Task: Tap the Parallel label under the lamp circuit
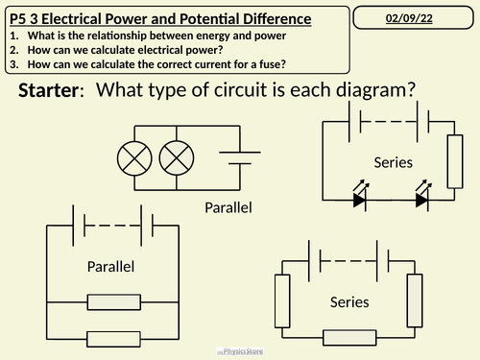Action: click(228, 208)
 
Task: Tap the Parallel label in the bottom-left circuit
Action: click(110, 266)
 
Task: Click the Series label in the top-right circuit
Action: click(394, 162)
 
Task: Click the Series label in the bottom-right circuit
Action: click(349, 301)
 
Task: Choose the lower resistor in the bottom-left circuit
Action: click(110, 337)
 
